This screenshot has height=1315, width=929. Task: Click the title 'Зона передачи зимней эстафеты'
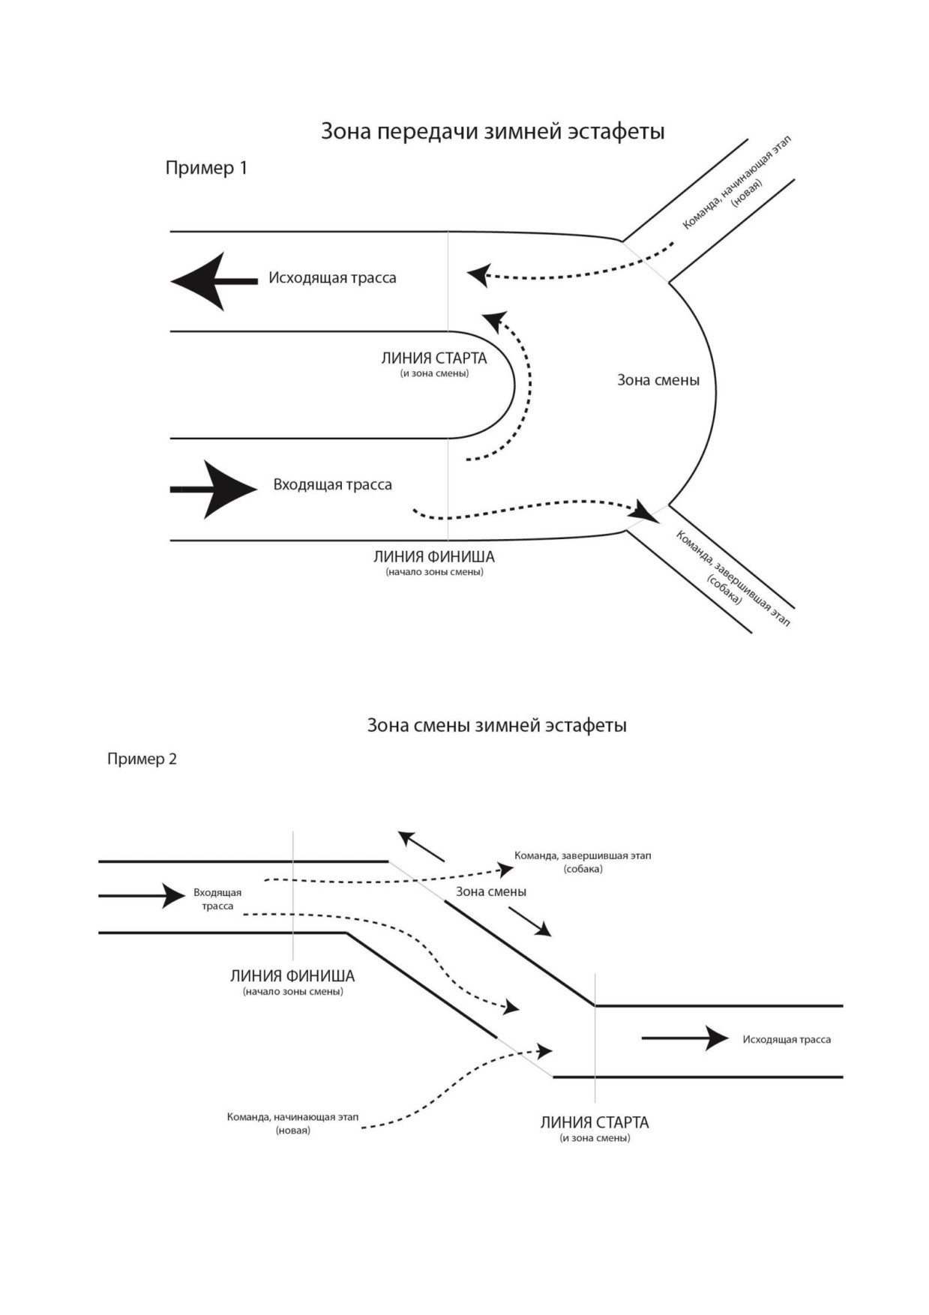pyautogui.click(x=493, y=132)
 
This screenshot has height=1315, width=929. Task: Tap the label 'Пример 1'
pyautogui.click(x=206, y=168)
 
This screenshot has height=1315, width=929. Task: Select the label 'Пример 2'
pyautogui.click(x=142, y=759)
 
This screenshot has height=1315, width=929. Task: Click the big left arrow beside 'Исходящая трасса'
pyautogui.click(x=214, y=281)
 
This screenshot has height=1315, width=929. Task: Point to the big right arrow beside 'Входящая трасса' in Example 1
pyautogui.click(x=214, y=490)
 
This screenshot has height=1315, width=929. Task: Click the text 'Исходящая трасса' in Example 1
pyautogui.click(x=332, y=278)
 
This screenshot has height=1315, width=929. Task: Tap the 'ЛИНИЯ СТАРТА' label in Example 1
pyautogui.click(x=434, y=358)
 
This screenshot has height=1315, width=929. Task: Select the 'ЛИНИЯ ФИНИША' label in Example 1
pyautogui.click(x=434, y=557)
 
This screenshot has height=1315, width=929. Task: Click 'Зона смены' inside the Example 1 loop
pyautogui.click(x=658, y=380)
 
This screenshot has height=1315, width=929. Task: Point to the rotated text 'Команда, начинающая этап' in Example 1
pyautogui.click(x=736, y=183)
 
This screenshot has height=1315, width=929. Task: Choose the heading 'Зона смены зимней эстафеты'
pyautogui.click(x=496, y=726)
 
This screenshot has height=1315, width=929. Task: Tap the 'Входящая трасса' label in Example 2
pyautogui.click(x=217, y=899)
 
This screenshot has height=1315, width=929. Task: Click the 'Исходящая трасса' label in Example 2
pyautogui.click(x=787, y=1039)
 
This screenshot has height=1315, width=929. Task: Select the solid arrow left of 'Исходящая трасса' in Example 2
pyautogui.click(x=685, y=1038)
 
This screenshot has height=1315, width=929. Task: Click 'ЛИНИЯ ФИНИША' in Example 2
pyautogui.click(x=292, y=976)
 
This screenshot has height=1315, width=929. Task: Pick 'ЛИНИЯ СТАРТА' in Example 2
pyautogui.click(x=595, y=1122)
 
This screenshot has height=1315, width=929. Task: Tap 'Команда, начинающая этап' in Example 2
pyautogui.click(x=292, y=1117)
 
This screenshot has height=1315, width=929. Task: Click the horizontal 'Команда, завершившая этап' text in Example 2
pyautogui.click(x=583, y=855)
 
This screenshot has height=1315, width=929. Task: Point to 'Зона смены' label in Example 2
pyautogui.click(x=491, y=891)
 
